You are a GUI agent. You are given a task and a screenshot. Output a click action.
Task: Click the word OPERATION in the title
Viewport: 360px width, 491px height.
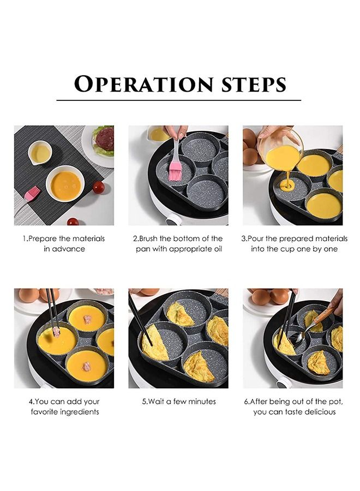point(143,84)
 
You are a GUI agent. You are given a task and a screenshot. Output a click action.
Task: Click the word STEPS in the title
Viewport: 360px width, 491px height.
point(254,85)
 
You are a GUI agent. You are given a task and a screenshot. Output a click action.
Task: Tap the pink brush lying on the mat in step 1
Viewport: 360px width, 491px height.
point(32,194)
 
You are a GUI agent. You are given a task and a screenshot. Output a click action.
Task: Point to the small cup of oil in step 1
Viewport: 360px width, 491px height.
point(39,153)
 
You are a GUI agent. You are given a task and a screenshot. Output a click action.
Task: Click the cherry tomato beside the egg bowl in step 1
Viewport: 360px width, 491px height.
point(99,187)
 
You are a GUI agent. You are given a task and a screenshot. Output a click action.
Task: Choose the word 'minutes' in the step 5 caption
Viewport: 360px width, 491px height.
point(202,401)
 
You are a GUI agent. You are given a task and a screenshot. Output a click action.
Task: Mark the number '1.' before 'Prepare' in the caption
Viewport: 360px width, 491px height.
point(25,238)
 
